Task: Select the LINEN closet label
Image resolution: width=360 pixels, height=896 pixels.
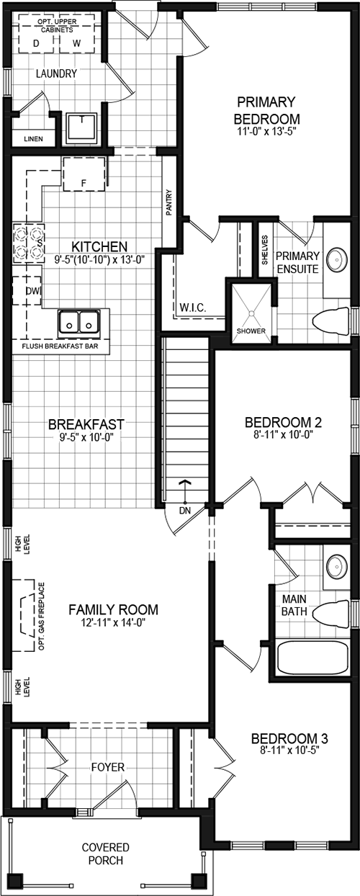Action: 33,138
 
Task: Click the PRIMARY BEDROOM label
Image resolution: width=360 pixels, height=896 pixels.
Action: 267,109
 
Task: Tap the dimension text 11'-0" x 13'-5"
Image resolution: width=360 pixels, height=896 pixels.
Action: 267,133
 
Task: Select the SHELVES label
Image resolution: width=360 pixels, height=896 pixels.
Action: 264,252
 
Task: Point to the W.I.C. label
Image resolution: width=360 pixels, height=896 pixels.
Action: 192,308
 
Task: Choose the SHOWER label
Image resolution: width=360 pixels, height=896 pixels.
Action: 251,331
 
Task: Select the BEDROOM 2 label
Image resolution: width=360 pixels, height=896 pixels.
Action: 282,423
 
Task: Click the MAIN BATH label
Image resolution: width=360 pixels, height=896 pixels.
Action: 294,605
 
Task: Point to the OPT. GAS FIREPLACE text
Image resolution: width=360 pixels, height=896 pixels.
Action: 42,616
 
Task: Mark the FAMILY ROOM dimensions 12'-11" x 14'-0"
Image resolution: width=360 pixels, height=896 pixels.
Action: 114,624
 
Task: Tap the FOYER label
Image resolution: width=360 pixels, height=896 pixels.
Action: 107,768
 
